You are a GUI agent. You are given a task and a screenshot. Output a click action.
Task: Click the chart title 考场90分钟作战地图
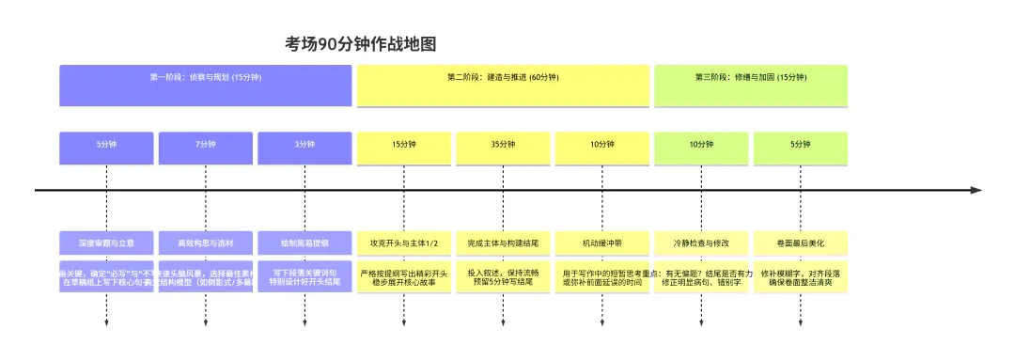tap(361, 44)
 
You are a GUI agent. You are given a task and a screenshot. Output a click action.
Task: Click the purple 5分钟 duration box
tap(106, 147)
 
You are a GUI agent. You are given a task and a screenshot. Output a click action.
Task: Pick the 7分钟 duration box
tap(206, 147)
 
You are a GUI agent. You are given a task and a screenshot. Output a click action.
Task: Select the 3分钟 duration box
tap(304, 147)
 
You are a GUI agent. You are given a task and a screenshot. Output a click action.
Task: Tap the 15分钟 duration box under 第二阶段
tap(404, 147)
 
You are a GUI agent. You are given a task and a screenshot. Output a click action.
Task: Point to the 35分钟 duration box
tap(503, 147)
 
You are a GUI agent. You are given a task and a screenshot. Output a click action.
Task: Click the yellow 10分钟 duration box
tap(602, 147)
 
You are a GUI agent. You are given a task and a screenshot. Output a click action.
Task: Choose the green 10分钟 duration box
tap(701, 147)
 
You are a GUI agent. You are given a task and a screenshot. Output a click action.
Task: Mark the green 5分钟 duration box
tap(801, 147)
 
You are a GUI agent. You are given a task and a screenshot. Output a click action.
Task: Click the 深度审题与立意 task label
tap(106, 243)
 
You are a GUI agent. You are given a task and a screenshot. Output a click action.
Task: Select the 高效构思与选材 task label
tap(206, 243)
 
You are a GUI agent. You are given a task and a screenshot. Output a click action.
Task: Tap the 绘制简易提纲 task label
tap(304, 243)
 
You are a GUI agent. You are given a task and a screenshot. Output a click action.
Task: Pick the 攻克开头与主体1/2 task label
tap(404, 243)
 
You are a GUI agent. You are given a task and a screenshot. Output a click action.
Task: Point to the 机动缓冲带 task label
tap(602, 243)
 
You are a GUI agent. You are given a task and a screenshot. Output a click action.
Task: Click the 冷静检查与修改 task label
tap(701, 243)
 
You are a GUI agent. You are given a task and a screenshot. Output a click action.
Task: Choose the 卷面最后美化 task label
tap(801, 243)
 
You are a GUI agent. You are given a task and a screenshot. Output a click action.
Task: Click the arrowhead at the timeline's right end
tap(975, 190)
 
